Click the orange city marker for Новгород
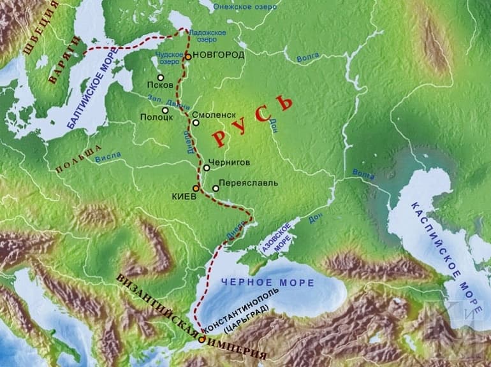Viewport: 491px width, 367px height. click(189, 57)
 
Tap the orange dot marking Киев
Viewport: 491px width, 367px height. click(196, 189)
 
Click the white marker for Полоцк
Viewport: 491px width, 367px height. click(165, 110)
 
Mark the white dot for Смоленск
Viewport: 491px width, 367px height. click(196, 122)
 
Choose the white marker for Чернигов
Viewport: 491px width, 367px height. click(207, 168)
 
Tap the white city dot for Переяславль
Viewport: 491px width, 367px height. click(216, 189)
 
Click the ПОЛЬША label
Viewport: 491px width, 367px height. click(80, 159)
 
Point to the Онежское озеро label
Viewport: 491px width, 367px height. click(247, 7)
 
